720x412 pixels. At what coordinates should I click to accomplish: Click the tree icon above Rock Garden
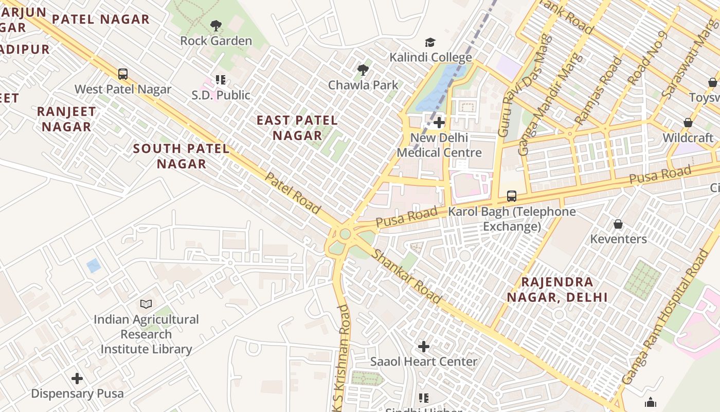click(x=216, y=25)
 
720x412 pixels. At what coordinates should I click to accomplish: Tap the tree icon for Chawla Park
click(x=363, y=70)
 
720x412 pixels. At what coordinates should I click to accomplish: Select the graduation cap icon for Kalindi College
click(x=430, y=42)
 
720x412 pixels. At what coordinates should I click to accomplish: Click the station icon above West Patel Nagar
click(x=123, y=74)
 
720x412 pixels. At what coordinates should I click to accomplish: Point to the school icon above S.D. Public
click(x=221, y=80)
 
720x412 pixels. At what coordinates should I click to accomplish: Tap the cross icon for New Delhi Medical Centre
click(x=439, y=123)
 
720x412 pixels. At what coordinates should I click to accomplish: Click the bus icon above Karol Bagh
click(x=511, y=196)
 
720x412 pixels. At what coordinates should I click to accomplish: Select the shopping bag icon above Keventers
click(x=618, y=224)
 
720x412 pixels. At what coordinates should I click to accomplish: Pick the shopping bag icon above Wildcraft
click(x=688, y=123)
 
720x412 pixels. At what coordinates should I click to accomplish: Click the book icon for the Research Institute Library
click(x=146, y=304)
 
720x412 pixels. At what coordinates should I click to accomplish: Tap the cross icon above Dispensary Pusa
click(x=77, y=379)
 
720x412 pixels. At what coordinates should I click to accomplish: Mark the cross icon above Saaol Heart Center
click(x=424, y=347)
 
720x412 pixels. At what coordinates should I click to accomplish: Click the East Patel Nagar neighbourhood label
click(x=297, y=128)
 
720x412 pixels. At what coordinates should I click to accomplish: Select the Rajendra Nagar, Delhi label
click(x=557, y=289)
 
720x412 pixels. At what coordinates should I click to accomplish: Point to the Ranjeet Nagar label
click(x=66, y=119)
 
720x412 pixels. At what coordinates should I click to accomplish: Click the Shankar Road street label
click(x=406, y=276)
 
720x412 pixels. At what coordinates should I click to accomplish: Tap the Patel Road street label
click(x=293, y=193)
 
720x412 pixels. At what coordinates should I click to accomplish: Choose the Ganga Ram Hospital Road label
click(x=664, y=317)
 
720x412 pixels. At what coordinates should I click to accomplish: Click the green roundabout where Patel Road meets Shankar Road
click(x=345, y=234)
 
